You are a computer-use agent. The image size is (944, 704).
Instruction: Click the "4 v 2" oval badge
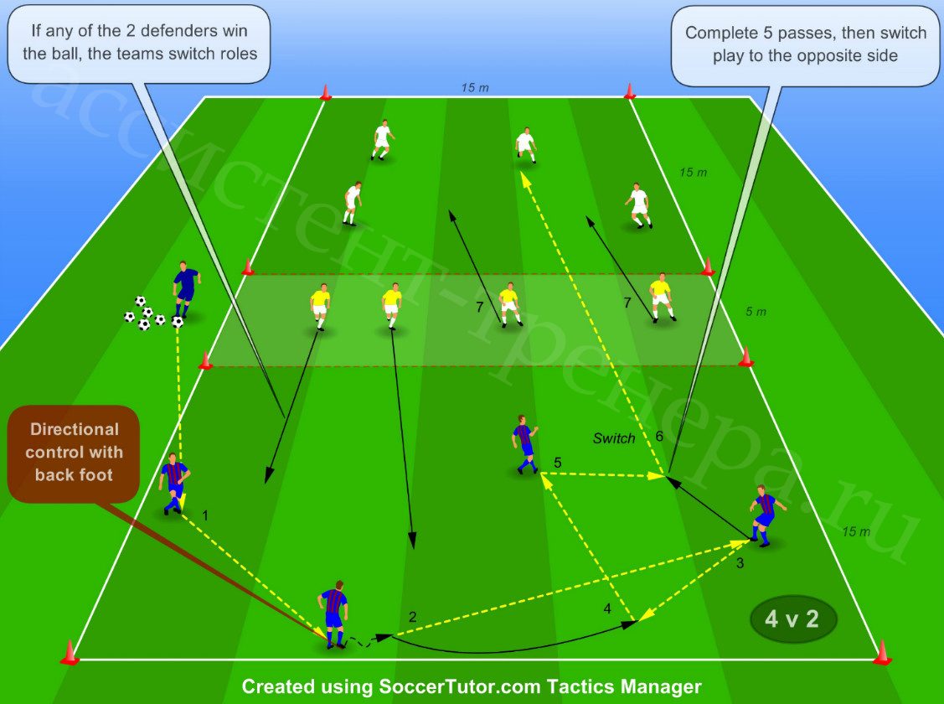793,619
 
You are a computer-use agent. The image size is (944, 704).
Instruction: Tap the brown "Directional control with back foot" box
74,453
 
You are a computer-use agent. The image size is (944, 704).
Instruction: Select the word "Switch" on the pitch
613,438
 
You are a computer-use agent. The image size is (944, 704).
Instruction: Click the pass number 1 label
205,515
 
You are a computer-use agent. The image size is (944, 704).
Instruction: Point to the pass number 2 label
412,617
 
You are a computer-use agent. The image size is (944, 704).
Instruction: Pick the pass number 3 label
740,563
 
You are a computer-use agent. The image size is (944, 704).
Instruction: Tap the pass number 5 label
558,463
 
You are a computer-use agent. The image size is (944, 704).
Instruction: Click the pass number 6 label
659,436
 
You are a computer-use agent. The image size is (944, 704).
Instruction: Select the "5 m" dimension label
756,311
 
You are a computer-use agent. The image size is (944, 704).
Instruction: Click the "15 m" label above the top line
475,88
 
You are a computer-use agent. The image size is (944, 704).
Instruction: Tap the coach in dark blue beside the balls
186,290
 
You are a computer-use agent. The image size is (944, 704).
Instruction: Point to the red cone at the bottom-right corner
882,653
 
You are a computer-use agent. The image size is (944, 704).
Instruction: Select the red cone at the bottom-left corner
70,653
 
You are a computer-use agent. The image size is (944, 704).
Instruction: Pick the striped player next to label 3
766,515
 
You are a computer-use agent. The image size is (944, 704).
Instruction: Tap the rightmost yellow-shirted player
662,298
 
